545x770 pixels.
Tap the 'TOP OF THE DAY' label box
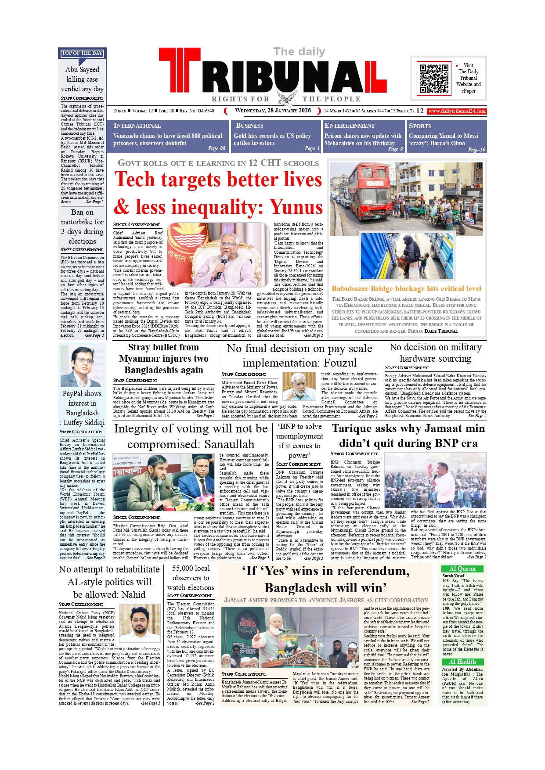82,53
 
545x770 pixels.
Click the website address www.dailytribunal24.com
457,111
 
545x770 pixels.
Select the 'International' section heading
137,126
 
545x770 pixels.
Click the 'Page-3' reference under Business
312,148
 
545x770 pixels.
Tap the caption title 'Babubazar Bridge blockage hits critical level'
406,288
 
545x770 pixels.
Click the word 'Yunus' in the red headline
296,207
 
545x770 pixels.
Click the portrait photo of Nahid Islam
140,623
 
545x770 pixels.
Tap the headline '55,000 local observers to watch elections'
191,578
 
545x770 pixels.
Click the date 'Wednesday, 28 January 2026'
273,111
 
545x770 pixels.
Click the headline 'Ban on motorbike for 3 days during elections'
82,227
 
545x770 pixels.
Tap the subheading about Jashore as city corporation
326,600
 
